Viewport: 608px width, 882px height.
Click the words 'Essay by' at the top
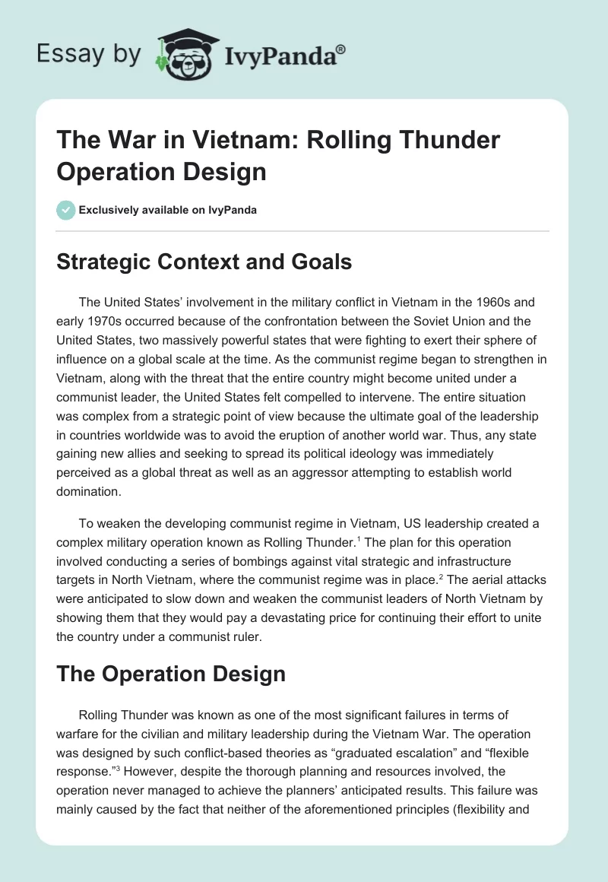(x=89, y=53)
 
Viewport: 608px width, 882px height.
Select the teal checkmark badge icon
(x=66, y=210)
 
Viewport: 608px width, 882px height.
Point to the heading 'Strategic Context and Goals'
(x=204, y=262)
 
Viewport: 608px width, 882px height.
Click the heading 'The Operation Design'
(x=171, y=674)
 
